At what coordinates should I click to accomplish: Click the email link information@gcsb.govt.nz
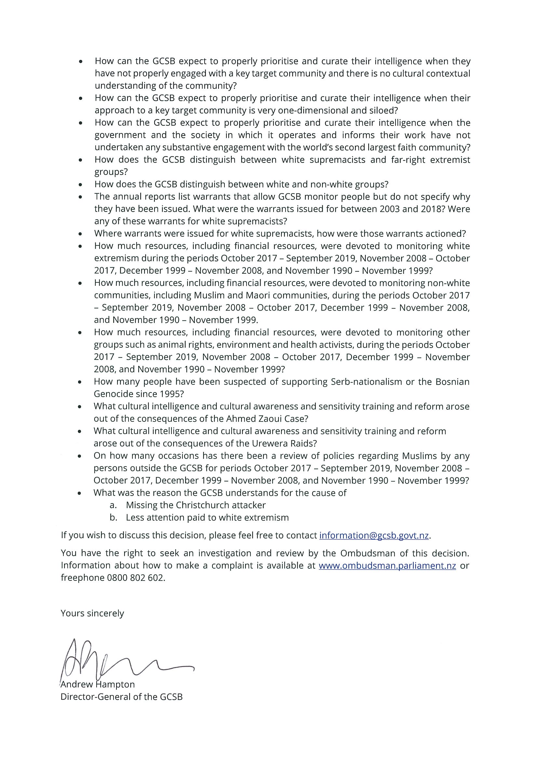point(374,536)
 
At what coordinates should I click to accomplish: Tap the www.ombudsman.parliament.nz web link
point(387,566)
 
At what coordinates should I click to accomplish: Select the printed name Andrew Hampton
point(98,685)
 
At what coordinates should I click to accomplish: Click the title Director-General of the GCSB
point(121,697)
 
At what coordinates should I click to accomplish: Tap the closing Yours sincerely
point(92,613)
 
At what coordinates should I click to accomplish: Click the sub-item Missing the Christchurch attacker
point(196,505)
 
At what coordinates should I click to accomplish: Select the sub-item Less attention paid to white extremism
point(207,517)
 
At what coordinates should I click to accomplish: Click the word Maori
point(243,295)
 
